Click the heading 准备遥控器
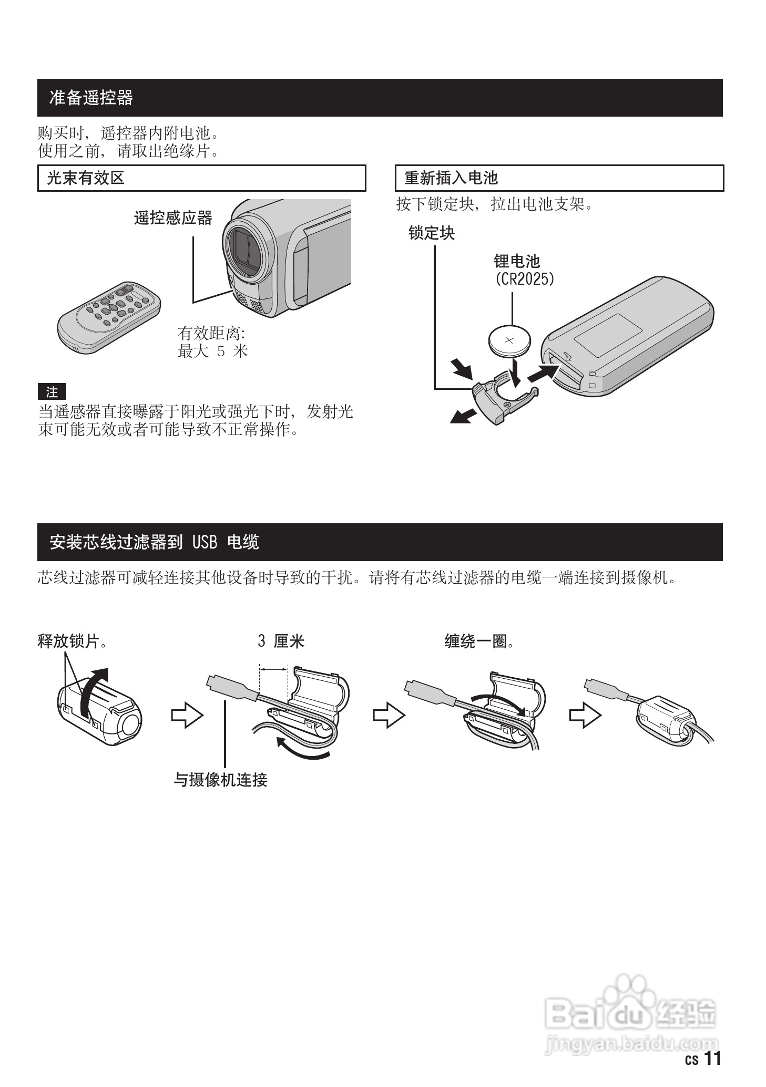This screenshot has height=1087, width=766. (91, 98)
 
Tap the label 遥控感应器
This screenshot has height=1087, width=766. (173, 218)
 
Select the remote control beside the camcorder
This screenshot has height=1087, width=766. (109, 316)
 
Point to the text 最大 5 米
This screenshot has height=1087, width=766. (212, 351)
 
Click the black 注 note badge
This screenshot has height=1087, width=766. (52, 392)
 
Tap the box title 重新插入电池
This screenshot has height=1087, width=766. (451, 178)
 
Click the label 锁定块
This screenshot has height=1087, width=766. (431, 233)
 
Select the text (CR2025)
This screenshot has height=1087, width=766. (524, 279)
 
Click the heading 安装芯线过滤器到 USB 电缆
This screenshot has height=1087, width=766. (154, 542)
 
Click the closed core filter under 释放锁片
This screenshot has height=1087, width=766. (100, 712)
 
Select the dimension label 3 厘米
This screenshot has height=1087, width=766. (281, 641)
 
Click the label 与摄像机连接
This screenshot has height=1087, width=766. (221, 780)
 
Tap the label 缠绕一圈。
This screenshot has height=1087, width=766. (479, 641)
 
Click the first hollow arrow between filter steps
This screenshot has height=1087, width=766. (187, 716)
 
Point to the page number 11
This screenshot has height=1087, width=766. (712, 1059)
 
